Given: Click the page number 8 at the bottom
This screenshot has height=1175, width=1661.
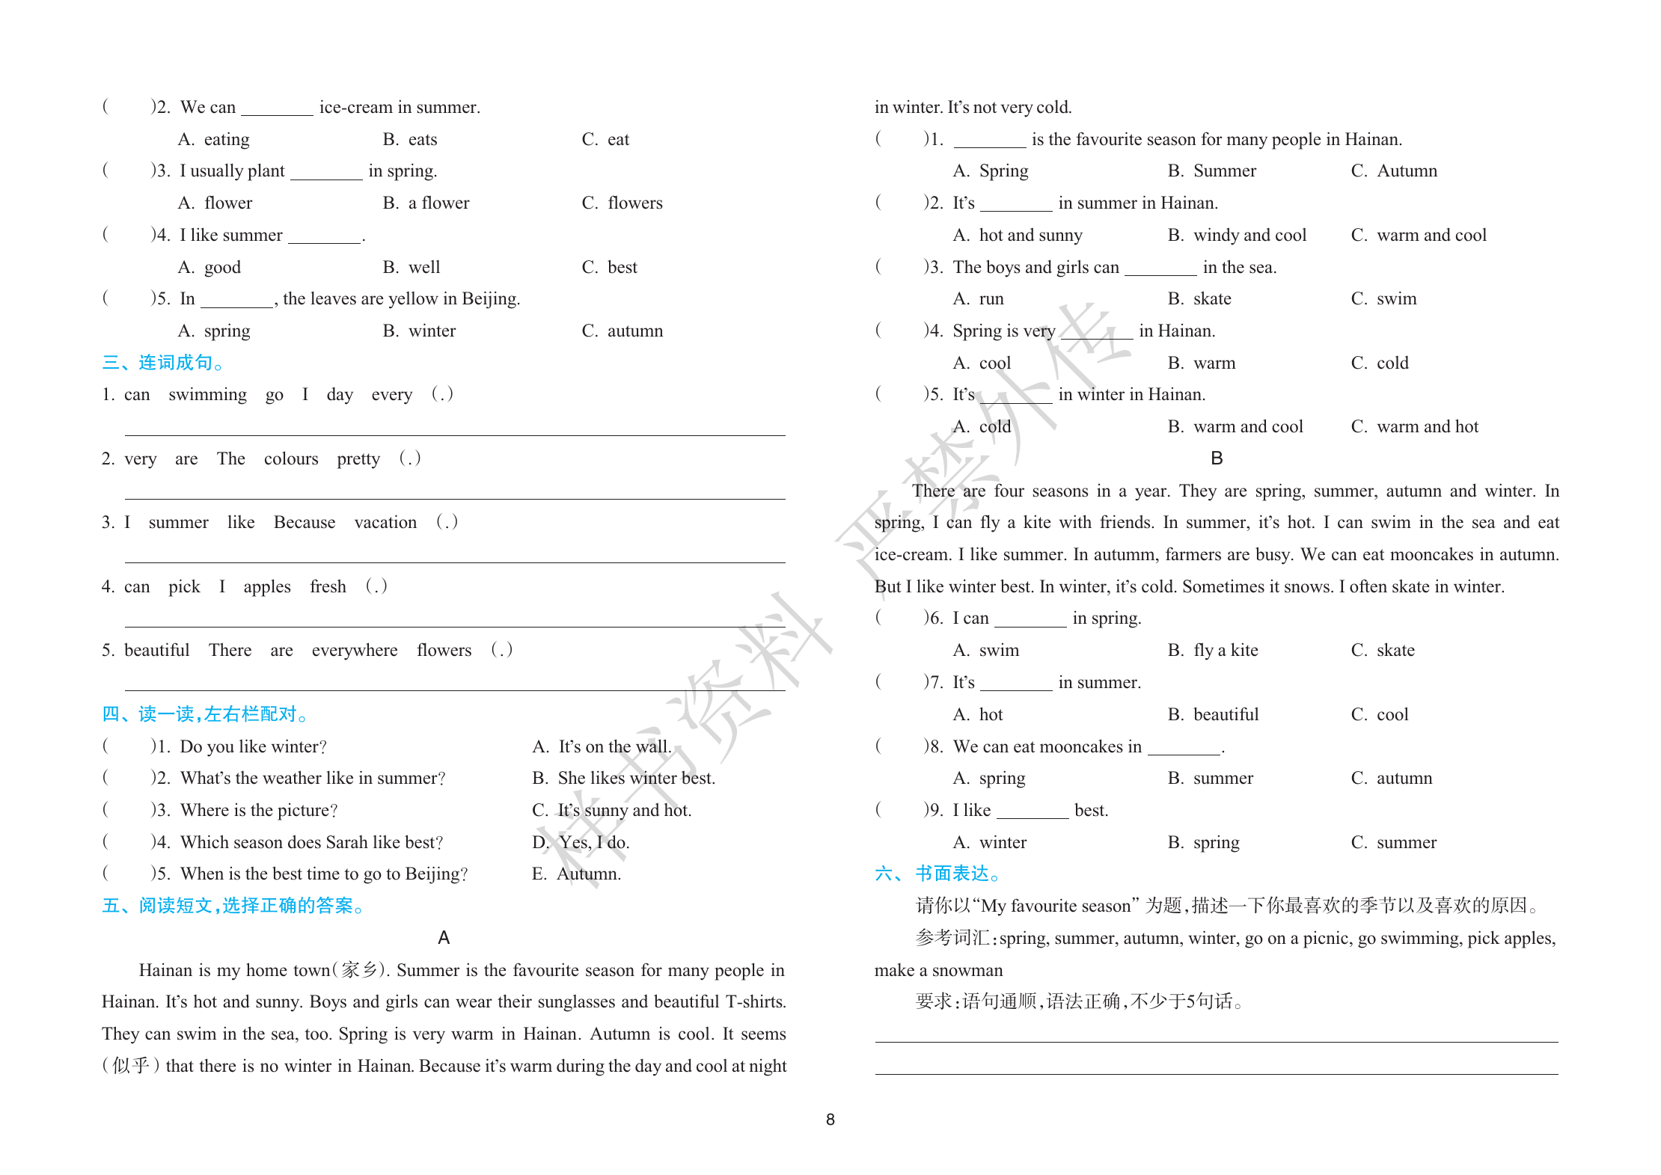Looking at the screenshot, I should click(830, 1120).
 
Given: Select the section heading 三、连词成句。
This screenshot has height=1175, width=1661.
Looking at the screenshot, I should click(163, 363).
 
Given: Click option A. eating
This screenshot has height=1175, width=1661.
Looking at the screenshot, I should click(213, 140).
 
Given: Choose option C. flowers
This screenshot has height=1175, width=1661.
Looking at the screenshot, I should click(622, 203).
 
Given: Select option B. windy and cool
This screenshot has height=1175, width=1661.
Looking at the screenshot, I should click(1237, 236).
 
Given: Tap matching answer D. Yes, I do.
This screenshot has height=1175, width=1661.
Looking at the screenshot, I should click(581, 842).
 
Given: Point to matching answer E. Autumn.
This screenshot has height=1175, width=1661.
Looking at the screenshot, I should click(576, 874).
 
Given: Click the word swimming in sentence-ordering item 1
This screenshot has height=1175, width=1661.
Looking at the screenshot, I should click(207, 395).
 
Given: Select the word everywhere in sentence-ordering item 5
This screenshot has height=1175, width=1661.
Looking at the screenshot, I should click(355, 651).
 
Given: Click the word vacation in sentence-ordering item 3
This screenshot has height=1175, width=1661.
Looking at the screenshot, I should click(385, 523).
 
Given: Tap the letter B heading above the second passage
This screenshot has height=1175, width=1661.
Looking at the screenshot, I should click(1217, 458).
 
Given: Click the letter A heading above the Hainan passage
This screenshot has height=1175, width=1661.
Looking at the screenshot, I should click(444, 938).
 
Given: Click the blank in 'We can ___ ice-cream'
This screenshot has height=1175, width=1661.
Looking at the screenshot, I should click(277, 109).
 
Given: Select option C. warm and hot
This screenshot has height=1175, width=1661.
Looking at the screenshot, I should click(1414, 427).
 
